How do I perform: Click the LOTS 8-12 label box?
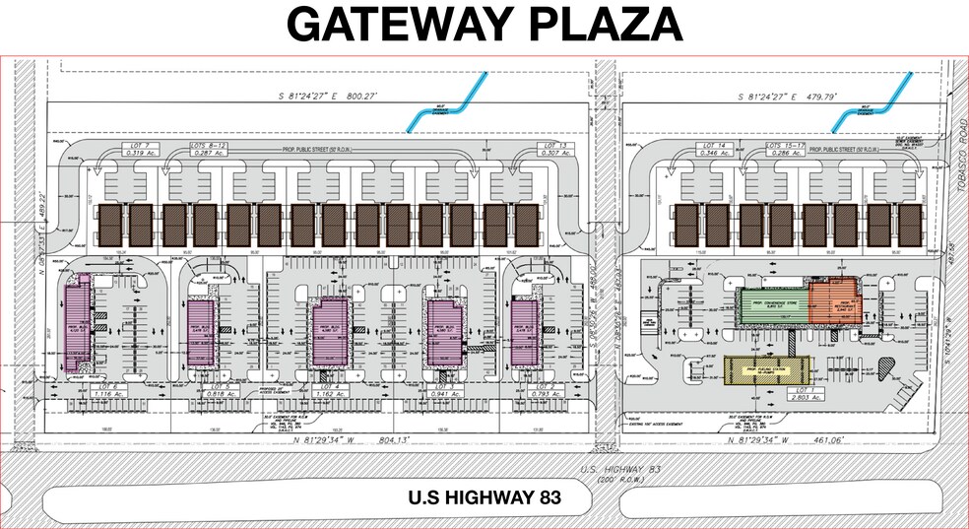click(209, 150)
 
